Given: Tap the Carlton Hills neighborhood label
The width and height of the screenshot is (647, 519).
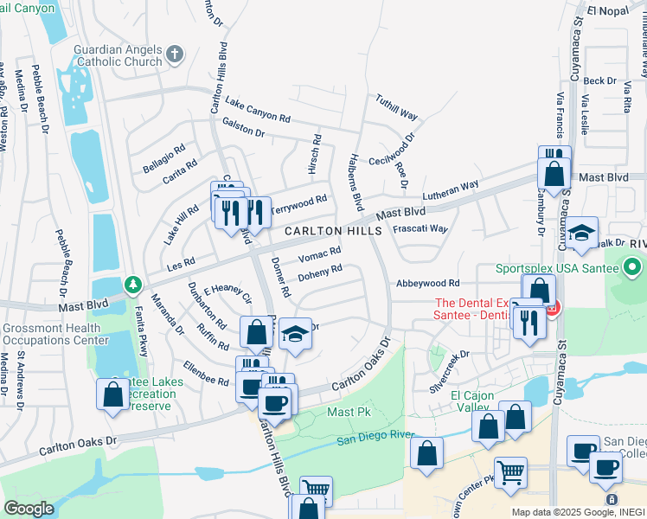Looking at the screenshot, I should coord(333,232).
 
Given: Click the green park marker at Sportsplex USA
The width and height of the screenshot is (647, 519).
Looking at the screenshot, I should coord(635,267).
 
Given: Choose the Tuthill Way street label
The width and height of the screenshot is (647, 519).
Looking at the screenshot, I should coord(396,109).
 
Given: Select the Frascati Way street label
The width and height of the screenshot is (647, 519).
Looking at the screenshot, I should coord(420,229).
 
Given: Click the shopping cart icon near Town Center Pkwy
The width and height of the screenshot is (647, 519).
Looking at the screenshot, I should coord(511,472).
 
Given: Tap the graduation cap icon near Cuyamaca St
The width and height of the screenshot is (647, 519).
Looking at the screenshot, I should coord(582,232).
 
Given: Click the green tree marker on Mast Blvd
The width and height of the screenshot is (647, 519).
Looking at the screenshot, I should coord(132,284).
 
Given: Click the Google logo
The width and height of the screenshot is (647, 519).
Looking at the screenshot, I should coord(29,509).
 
